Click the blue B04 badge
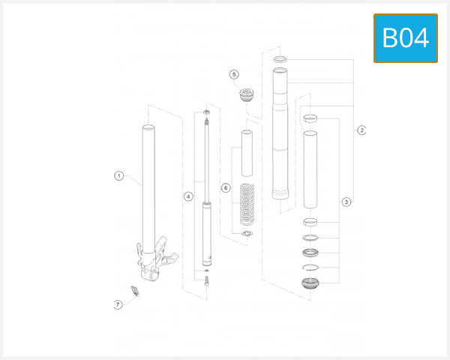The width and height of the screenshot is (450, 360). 406,38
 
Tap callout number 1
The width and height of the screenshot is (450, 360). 119,175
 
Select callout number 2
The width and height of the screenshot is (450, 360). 361,130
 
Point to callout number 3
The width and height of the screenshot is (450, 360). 346,202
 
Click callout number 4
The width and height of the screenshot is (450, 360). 188,196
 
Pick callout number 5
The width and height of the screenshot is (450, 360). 234,74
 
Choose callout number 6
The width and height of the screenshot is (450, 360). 226,188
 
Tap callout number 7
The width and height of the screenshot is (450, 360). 118,304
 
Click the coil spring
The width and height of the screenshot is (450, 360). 247,205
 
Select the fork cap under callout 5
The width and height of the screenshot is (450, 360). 247,94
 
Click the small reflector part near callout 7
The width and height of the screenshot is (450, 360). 135,291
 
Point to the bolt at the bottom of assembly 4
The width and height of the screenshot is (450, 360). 207,280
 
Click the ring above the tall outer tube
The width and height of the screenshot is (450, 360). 280,59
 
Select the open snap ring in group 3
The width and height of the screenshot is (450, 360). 310,267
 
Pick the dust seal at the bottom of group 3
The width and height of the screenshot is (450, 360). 310,283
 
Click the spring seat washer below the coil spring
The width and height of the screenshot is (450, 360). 247,233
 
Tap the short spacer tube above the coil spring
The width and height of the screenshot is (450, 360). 247,153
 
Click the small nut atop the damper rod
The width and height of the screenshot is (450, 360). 207,112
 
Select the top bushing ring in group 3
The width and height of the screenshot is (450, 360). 310,118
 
